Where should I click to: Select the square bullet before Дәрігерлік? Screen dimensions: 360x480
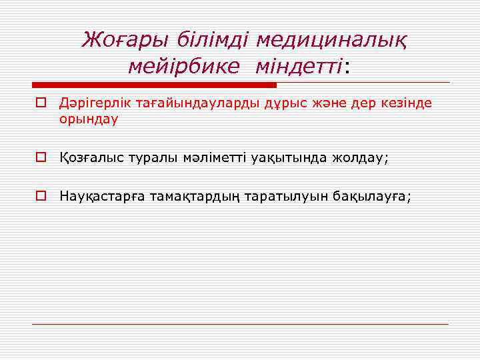41,103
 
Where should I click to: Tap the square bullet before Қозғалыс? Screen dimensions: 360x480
41,158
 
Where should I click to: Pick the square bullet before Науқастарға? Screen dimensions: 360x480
41,197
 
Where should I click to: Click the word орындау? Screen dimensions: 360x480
89,119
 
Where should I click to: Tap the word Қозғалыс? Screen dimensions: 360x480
89,159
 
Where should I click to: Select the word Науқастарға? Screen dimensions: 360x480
102,197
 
